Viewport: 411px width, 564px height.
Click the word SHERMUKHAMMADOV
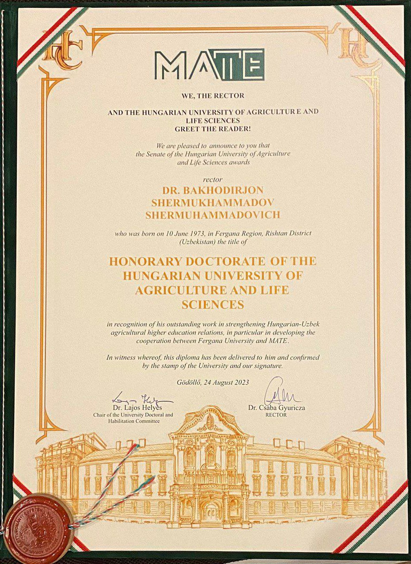pos(206,202)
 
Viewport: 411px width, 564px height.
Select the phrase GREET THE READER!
pos(213,129)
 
